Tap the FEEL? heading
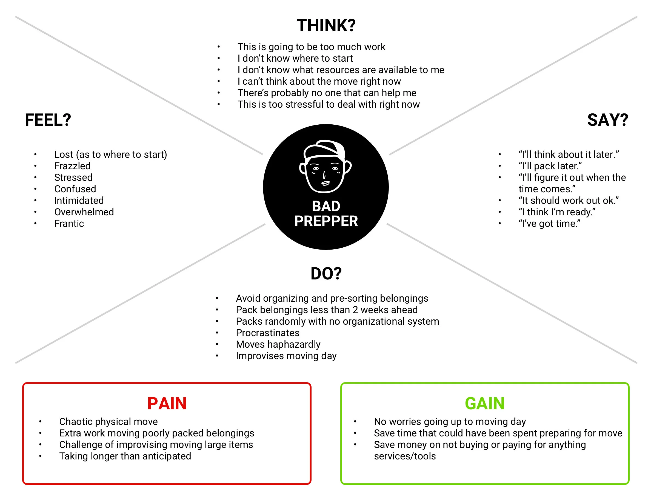[48, 120]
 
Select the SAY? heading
[607, 120]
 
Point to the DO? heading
[326, 273]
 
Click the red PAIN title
[167, 404]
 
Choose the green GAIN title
[485, 404]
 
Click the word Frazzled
[72, 166]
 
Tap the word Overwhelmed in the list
[84, 212]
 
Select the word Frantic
[69, 224]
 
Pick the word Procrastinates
[268, 333]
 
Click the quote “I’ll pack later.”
[550, 166]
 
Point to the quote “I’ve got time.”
[549, 224]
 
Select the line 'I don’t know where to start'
[295, 58]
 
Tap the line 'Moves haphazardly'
[278, 344]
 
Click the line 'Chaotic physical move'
[108, 422]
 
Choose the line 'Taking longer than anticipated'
[125, 456]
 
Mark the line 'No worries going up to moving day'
[450, 422]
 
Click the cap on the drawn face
[325, 149]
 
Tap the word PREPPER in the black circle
[326, 221]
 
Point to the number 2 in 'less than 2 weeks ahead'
[355, 310]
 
